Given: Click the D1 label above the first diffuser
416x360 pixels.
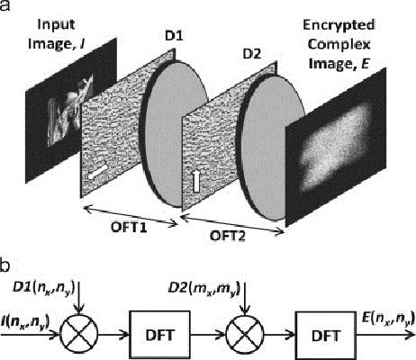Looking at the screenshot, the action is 174,36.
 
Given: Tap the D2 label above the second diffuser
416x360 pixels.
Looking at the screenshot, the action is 252,54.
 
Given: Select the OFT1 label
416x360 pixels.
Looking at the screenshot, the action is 129,227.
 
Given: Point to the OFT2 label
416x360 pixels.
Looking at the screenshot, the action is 228,236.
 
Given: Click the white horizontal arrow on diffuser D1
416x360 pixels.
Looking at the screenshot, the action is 97,172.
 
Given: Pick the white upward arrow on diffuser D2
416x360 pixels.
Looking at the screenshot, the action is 195,181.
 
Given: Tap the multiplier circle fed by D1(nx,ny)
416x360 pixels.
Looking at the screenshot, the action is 79,333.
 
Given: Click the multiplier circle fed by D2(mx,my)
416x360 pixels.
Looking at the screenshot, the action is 245,333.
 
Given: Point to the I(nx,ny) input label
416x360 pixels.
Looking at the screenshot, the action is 24,321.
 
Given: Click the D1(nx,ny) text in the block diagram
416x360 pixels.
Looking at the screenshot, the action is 43,288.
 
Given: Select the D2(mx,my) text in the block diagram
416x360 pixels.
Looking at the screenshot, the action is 204,288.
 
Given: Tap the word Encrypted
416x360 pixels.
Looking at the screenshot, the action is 339,25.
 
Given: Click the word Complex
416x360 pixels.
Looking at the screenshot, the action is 339,44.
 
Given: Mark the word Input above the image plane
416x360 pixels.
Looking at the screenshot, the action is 56,24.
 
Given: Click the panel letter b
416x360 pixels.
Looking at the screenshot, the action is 5,266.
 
